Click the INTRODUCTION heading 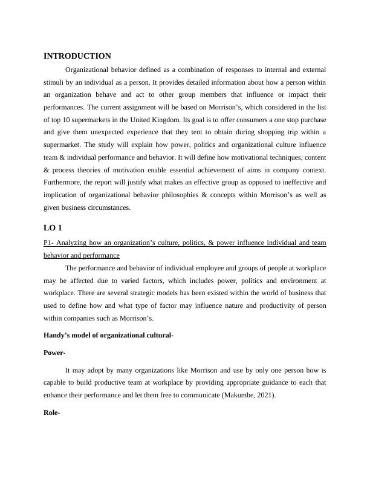(x=77, y=56)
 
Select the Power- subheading (x=54, y=353)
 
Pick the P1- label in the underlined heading (x=50, y=243)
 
